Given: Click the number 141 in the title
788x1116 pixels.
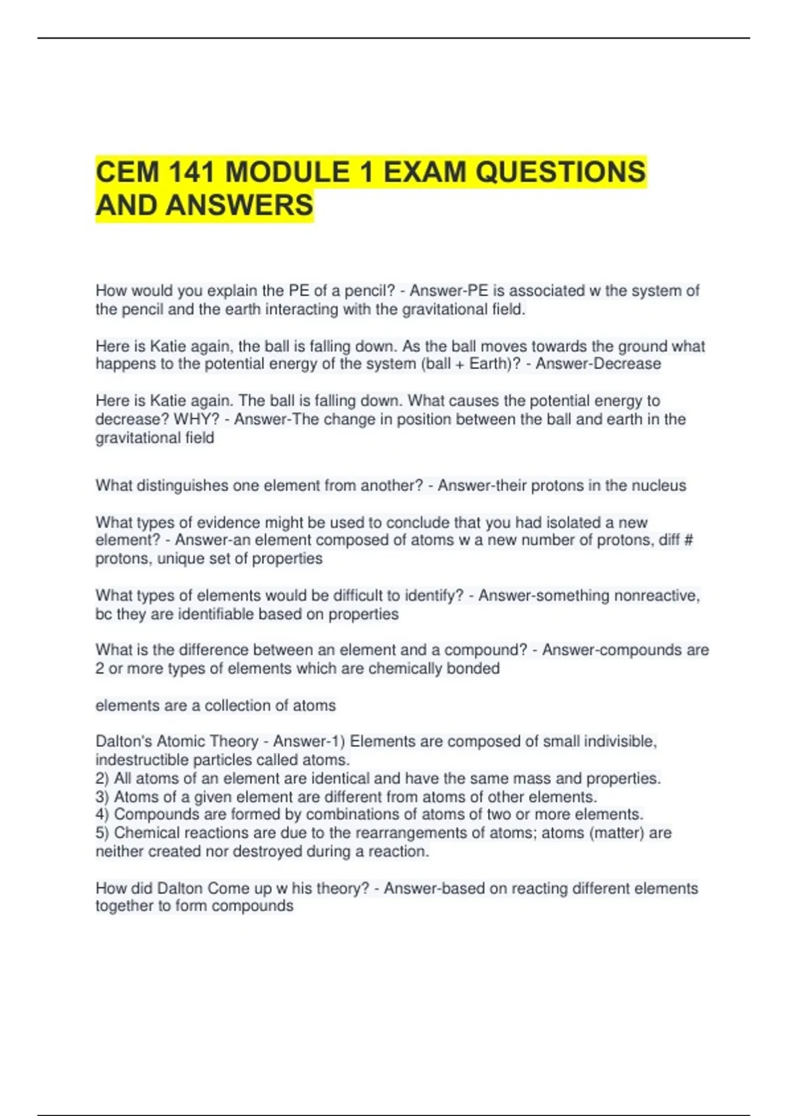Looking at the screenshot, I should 190,172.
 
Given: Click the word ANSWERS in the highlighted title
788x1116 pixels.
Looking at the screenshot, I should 239,205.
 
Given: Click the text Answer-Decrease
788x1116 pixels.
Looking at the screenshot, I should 598,364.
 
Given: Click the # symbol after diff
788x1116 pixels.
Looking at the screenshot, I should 688,540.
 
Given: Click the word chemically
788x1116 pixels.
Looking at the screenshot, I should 405,669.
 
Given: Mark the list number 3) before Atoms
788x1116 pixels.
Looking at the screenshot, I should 102,797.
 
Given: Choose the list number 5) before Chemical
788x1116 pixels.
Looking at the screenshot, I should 102,833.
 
